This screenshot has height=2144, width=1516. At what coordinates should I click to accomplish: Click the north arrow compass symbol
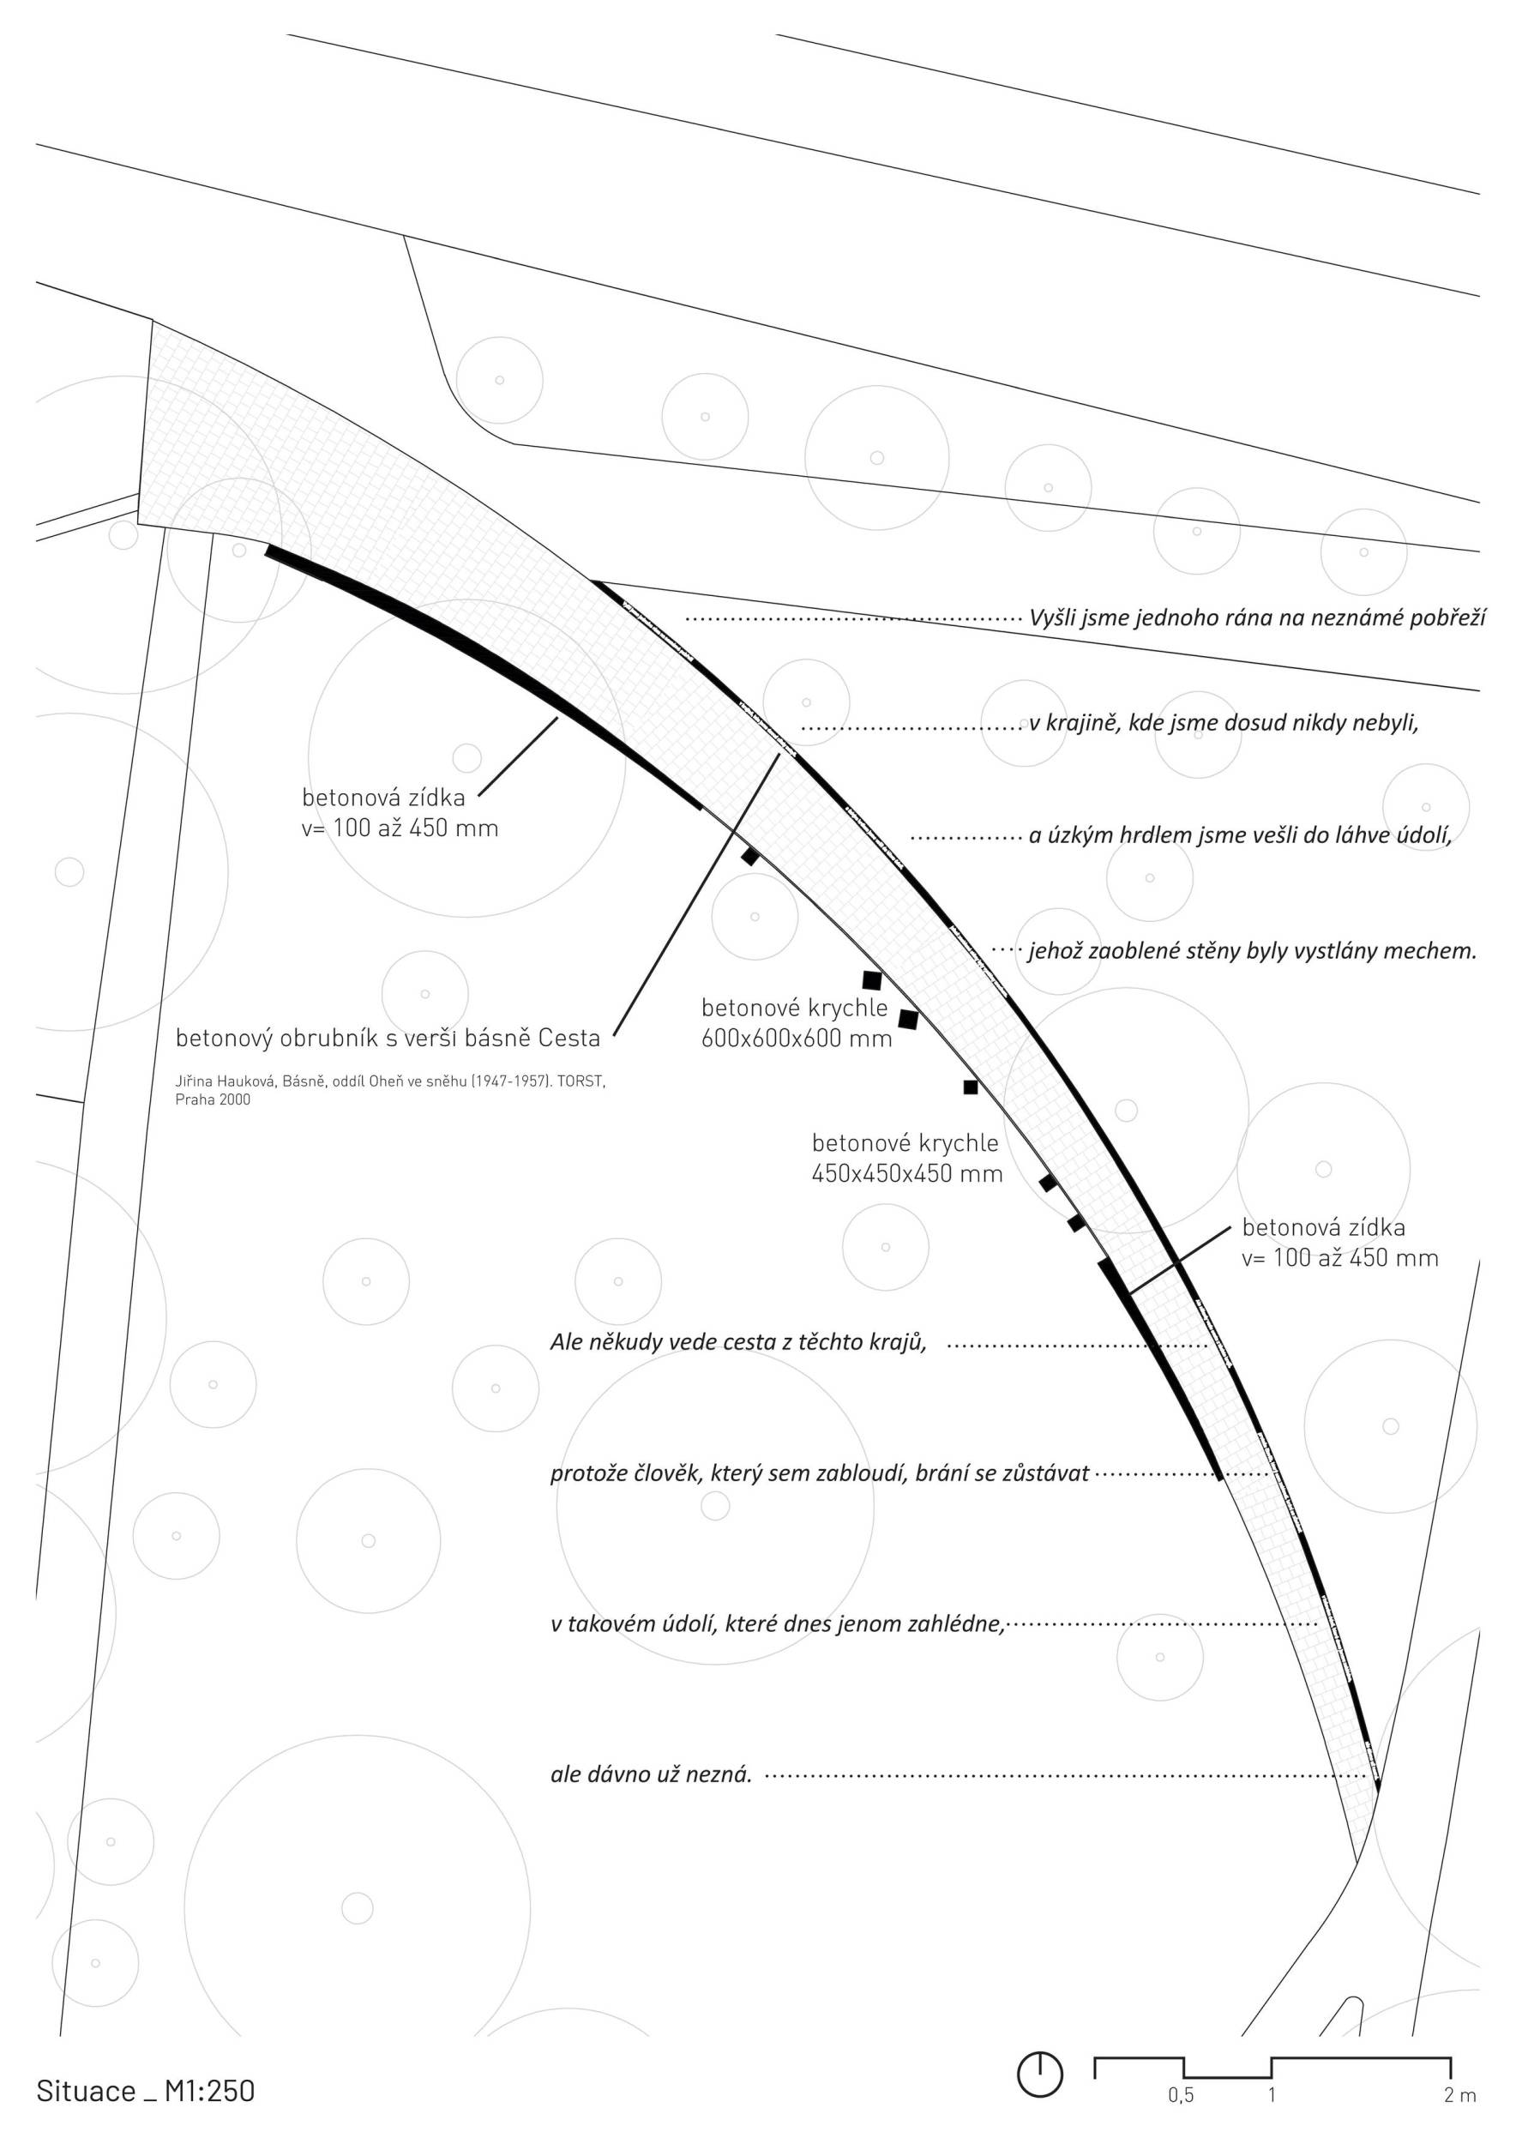[1039, 2074]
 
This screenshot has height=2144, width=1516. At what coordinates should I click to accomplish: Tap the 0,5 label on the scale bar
[1180, 2094]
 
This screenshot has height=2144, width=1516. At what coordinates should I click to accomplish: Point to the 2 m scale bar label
[1460, 2094]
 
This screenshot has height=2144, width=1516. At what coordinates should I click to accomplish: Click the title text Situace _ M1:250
[146, 2090]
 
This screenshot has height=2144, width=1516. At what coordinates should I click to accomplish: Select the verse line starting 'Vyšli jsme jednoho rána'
[1256, 617]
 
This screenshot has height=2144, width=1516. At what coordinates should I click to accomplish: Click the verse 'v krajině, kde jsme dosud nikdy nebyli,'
[1224, 723]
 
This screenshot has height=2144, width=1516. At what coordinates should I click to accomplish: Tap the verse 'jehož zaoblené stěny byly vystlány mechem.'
[1253, 952]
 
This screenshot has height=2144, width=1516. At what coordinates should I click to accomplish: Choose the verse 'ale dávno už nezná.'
[651, 1774]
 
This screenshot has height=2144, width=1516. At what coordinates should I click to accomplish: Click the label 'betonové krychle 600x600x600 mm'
[797, 1022]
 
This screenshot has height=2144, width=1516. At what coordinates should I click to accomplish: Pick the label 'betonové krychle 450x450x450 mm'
[906, 1158]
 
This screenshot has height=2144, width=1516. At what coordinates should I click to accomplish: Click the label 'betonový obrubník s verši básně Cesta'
[388, 1038]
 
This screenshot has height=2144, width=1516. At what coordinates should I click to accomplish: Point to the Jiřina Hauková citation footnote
[390, 1090]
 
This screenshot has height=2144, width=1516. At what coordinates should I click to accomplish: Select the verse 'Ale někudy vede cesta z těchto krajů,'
[737, 1342]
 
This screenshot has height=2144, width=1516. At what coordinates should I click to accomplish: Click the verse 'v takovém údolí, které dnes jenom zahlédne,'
[777, 1624]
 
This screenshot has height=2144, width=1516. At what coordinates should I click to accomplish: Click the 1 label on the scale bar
[1272, 2094]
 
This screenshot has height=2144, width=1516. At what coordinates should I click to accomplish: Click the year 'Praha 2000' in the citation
[213, 1099]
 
